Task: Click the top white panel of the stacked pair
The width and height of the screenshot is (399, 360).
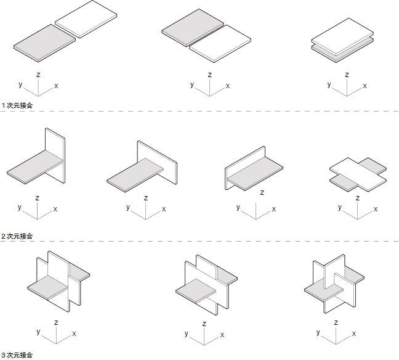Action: [342, 34]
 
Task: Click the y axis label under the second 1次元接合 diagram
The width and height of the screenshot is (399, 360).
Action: [192, 84]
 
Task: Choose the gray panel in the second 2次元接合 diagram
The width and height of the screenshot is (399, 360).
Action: [135, 174]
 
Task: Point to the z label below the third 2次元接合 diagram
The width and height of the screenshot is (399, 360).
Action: [262, 192]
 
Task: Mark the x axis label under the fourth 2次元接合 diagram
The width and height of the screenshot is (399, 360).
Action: [375, 209]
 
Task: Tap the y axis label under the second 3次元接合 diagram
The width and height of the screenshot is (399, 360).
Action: [186, 333]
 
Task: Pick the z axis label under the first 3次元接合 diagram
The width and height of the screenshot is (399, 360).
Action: [56, 322]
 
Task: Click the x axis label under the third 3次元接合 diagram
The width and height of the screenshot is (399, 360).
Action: [354, 333]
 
